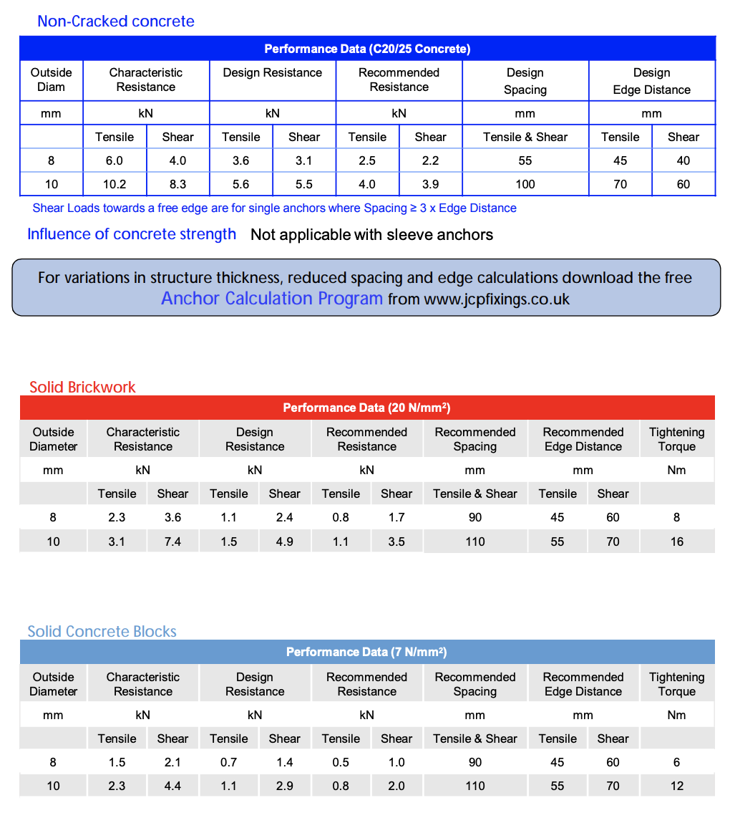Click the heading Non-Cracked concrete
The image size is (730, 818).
(115, 21)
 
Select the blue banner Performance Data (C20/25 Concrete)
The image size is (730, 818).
(367, 49)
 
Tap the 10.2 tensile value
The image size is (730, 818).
(115, 184)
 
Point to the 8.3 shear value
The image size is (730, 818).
(177, 184)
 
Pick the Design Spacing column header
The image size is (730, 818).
(525, 81)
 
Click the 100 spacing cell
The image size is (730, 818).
(525, 184)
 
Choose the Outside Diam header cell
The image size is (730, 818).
(51, 80)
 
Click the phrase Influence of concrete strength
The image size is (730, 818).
(132, 234)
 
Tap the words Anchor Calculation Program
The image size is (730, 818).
(272, 299)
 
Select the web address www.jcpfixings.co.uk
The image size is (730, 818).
(497, 299)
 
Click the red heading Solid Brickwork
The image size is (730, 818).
(82, 388)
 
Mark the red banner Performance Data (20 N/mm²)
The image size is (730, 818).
(366, 408)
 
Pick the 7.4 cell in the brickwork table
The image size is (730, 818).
(172, 542)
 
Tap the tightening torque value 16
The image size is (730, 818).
(677, 542)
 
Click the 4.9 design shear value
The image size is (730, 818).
(284, 542)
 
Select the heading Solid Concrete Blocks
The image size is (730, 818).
(102, 632)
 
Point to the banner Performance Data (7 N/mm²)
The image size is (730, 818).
(366, 652)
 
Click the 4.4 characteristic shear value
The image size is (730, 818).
(172, 786)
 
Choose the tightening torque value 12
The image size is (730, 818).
(677, 786)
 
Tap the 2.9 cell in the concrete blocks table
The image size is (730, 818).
(284, 786)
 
